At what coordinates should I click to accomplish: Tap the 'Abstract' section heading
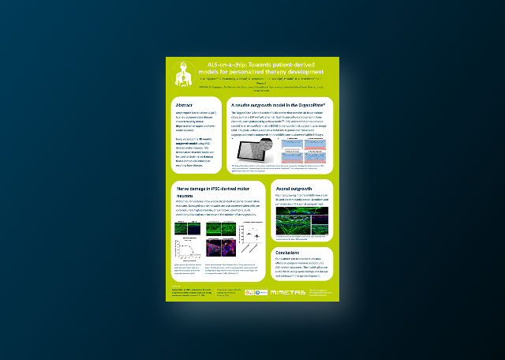tap(184, 104)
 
